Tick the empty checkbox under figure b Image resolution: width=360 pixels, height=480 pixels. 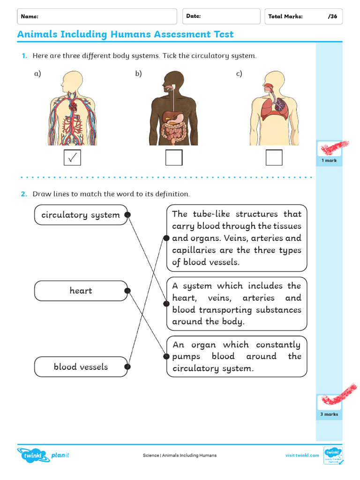(174, 157)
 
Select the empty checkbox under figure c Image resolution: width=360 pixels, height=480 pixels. (274, 157)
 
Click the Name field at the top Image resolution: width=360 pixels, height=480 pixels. (97, 16)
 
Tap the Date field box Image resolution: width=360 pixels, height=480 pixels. (221, 16)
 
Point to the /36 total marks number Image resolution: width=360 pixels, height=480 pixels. (332, 16)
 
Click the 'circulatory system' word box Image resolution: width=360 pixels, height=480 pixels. (81, 215)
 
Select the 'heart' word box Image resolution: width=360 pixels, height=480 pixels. (81, 291)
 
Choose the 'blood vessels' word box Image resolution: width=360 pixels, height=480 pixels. (81, 367)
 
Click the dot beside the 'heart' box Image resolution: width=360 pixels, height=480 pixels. (127, 291)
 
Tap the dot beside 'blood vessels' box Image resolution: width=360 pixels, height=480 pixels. (127, 367)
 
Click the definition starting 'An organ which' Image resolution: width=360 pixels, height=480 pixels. (237, 356)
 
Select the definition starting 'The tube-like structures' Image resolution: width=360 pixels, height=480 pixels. (237, 238)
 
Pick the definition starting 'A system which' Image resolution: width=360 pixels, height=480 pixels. (237, 303)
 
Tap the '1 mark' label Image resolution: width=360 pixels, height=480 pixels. (329, 160)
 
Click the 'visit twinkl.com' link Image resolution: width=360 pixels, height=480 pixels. (302, 455)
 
